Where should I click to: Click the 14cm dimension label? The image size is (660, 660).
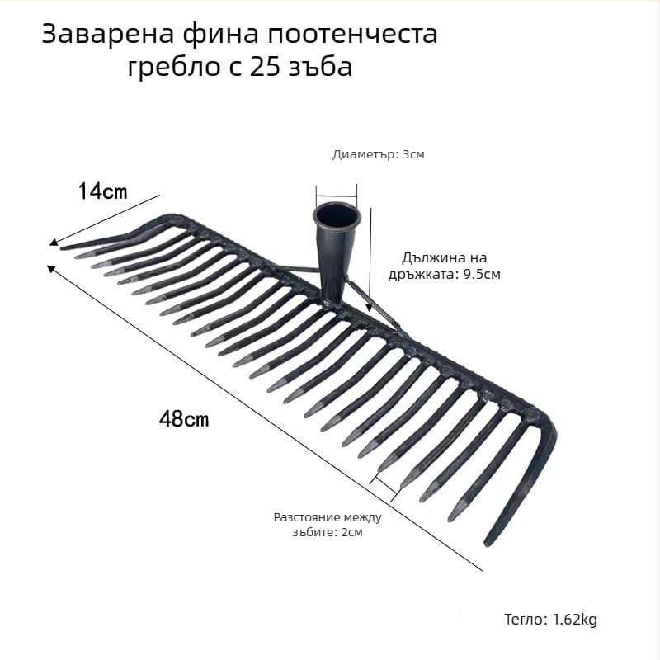pyautogui.click(x=102, y=191)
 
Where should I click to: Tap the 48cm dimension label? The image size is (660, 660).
pyautogui.click(x=183, y=419)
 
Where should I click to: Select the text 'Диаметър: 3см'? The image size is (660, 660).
pyautogui.click(x=378, y=154)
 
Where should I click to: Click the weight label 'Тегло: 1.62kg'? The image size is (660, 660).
pyautogui.click(x=550, y=620)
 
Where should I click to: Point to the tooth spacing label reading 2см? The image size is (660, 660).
pyautogui.click(x=328, y=525)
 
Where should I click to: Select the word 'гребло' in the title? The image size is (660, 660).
pyautogui.click(x=169, y=66)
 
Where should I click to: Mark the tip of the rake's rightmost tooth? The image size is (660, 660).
pyautogui.click(x=488, y=542)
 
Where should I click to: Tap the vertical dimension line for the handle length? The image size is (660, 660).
pyautogui.click(x=370, y=256)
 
